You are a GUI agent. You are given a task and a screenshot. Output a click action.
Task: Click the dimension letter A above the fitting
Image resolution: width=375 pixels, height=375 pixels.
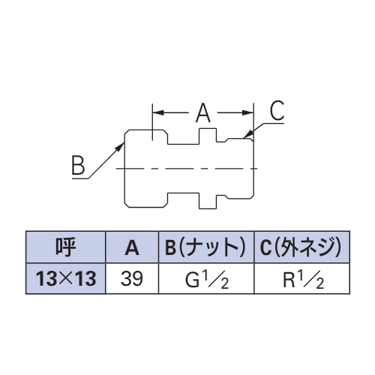pos(203,113)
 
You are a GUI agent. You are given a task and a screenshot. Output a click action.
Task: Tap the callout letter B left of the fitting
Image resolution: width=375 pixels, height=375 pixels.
pos(78,165)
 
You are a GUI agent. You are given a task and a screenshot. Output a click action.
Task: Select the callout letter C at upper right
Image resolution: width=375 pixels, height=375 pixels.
pos(277,110)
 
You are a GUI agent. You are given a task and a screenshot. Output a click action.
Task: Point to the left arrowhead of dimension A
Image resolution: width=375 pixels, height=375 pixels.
pos(158,112)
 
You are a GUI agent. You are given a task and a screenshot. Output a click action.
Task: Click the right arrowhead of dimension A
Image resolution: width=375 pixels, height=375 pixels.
pos(248,112)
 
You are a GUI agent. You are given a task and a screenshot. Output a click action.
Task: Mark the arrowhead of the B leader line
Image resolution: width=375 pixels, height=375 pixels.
pos(121,145)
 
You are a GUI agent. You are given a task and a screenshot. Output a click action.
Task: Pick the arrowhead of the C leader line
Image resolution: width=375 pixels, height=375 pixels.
pos(248,133)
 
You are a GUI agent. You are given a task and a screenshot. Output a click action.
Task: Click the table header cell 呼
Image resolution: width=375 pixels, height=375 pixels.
pos(65,247)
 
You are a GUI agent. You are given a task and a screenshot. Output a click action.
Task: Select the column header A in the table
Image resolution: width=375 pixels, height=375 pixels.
pos(132,247)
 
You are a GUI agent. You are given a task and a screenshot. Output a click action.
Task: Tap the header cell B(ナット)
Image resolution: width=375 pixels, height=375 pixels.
pos(206,247)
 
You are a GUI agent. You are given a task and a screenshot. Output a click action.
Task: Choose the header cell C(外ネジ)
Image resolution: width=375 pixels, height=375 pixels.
pos(301,247)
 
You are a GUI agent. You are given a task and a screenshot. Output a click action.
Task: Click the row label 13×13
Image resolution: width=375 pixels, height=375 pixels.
pos(65,278)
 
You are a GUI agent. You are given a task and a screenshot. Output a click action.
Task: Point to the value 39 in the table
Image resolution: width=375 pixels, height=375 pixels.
pos(132,278)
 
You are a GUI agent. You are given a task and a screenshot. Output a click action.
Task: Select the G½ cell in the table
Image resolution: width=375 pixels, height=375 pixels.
pos(206,280)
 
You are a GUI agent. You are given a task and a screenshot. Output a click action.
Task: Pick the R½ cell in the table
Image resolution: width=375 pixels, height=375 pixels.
pos(303,280)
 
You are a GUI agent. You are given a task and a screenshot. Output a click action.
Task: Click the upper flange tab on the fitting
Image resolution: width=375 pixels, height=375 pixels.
pos(208,136)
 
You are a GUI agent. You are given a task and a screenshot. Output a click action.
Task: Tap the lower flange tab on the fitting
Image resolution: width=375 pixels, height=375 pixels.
pos(208,201)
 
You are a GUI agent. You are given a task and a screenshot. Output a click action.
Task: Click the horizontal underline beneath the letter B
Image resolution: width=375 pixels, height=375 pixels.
pos(80,178)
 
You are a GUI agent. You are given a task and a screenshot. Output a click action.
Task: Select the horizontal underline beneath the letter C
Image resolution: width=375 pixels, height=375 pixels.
pos(273,123)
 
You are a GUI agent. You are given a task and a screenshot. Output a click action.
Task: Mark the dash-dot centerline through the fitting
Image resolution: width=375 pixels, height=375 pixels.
pos(187,169)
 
